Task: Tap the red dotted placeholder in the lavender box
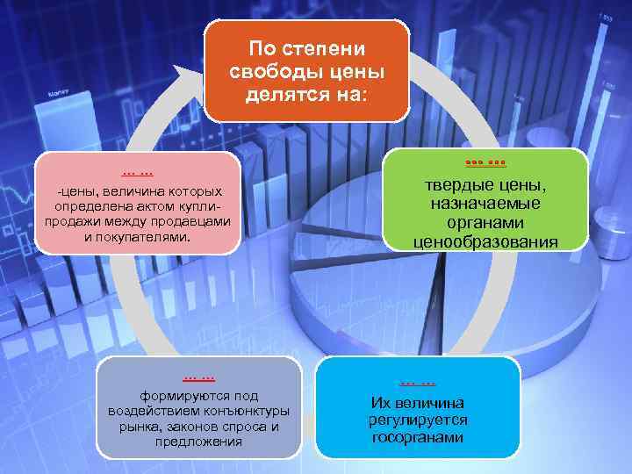point(199,377)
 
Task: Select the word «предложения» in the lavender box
point(199,442)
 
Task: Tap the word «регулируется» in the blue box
point(418,420)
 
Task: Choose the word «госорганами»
point(418,436)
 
